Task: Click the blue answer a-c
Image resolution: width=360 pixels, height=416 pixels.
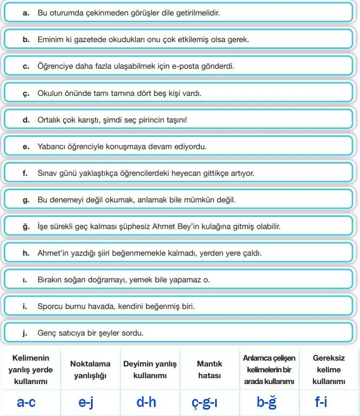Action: (x=26, y=402)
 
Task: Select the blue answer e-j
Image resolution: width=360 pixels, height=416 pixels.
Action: (x=86, y=402)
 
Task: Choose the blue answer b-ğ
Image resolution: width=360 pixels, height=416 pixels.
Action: (x=267, y=402)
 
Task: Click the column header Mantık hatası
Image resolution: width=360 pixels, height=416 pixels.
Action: (x=209, y=370)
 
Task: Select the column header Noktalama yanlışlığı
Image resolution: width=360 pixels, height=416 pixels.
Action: (x=91, y=370)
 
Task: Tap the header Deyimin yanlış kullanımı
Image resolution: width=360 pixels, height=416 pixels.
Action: (x=150, y=370)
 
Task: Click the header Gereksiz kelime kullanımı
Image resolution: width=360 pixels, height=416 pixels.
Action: (x=329, y=370)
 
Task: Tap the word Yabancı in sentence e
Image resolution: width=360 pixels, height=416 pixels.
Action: (x=51, y=146)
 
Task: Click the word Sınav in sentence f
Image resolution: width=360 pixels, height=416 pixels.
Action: (x=47, y=174)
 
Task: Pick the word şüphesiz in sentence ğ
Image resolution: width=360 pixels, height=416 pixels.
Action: (x=126, y=227)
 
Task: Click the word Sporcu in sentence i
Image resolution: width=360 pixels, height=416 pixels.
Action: (x=50, y=307)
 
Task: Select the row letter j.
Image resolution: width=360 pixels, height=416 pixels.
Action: (x=25, y=333)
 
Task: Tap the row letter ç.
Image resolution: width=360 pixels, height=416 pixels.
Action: (x=25, y=94)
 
